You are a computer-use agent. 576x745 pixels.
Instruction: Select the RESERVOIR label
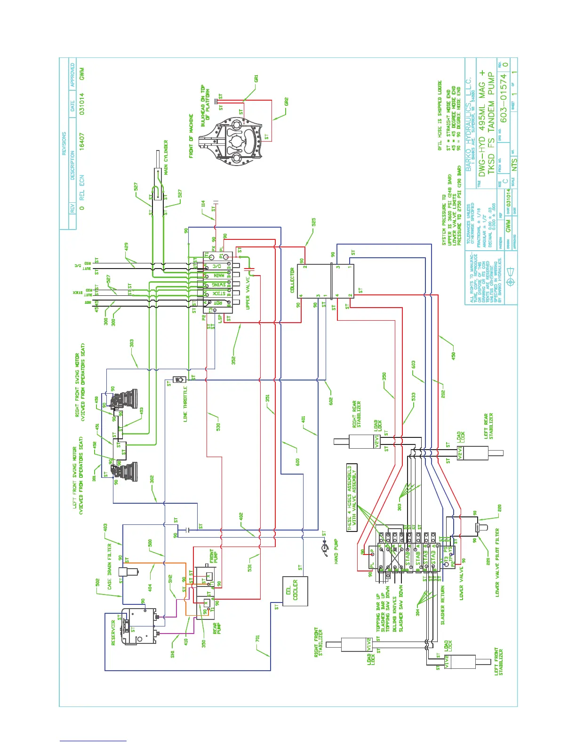pos(113,633)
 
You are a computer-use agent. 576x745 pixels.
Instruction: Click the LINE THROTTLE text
pos(185,404)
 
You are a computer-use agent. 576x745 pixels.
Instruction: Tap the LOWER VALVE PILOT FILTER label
pos(497,563)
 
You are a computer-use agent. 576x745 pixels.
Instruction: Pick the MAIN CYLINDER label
pos(166,157)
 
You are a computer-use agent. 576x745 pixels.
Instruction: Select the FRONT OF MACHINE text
pos(192,135)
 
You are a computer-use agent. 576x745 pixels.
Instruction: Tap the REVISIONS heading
pos(64,144)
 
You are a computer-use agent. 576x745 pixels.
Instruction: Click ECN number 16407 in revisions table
pos(82,141)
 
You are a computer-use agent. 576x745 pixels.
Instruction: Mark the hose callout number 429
pos(126,246)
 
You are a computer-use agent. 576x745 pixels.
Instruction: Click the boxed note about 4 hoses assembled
pos(352,498)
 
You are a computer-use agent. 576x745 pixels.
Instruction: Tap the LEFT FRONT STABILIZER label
pos(499,662)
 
